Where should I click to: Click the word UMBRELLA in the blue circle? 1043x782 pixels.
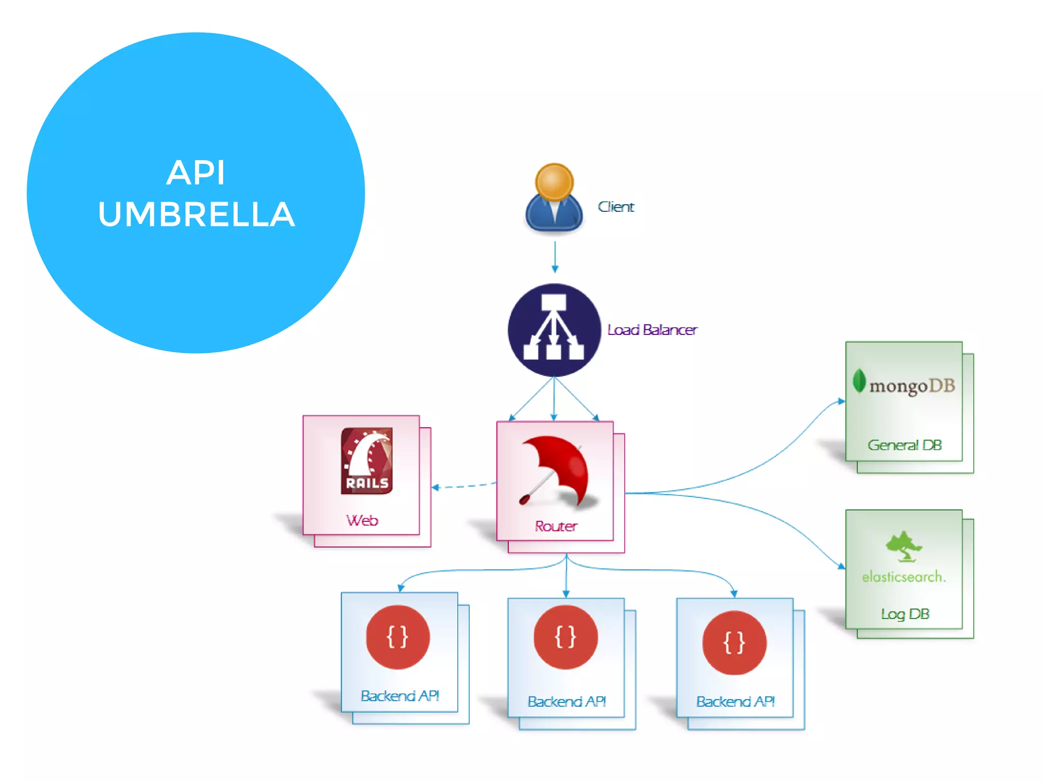click(x=196, y=214)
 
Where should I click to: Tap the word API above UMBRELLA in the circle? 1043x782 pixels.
click(x=196, y=173)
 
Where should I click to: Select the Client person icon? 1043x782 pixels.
click(x=554, y=199)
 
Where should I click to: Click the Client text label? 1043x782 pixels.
click(x=616, y=207)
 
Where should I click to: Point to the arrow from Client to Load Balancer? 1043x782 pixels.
click(x=555, y=257)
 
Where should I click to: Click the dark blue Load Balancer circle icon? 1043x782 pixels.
click(x=554, y=330)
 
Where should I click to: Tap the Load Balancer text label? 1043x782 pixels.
click(x=652, y=330)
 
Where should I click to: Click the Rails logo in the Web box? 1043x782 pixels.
click(x=367, y=461)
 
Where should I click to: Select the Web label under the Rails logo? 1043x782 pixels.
click(x=362, y=520)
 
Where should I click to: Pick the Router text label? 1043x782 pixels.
click(x=556, y=526)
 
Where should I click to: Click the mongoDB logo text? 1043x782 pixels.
click(x=912, y=386)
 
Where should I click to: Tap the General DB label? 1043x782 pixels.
click(x=904, y=445)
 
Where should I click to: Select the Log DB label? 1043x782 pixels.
click(x=905, y=614)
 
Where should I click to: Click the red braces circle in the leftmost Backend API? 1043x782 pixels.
click(x=398, y=637)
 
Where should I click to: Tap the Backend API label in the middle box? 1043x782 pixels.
click(x=567, y=702)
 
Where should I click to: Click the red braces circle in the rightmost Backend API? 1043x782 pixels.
click(x=734, y=643)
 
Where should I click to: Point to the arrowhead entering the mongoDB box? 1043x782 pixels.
click(x=842, y=401)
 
